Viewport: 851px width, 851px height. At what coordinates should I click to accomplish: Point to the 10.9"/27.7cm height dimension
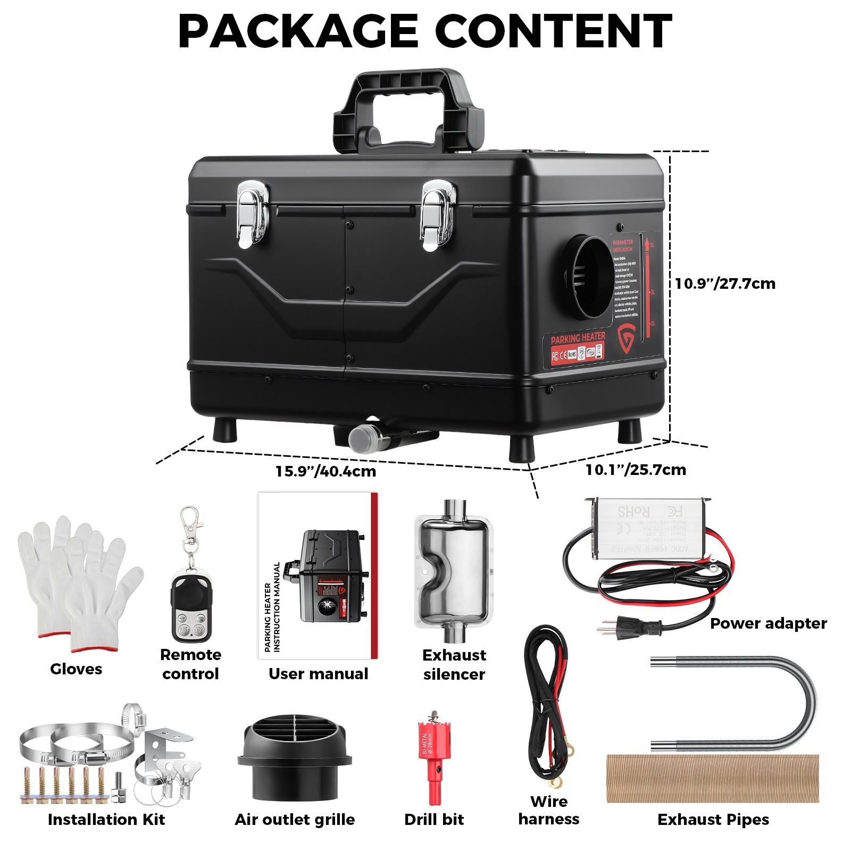(725, 283)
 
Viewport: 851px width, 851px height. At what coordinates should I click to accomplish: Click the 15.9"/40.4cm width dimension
(326, 471)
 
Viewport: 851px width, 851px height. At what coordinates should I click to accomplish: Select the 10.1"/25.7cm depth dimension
(636, 470)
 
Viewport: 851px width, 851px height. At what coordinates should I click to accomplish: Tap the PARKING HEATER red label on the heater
(578, 338)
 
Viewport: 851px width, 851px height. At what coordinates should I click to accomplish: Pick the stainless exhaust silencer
(454, 572)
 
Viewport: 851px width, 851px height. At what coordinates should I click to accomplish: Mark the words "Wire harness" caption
(549, 810)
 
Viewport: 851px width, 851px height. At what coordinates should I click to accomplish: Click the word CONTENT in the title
(554, 31)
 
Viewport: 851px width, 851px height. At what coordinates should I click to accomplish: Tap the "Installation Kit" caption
(106, 820)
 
